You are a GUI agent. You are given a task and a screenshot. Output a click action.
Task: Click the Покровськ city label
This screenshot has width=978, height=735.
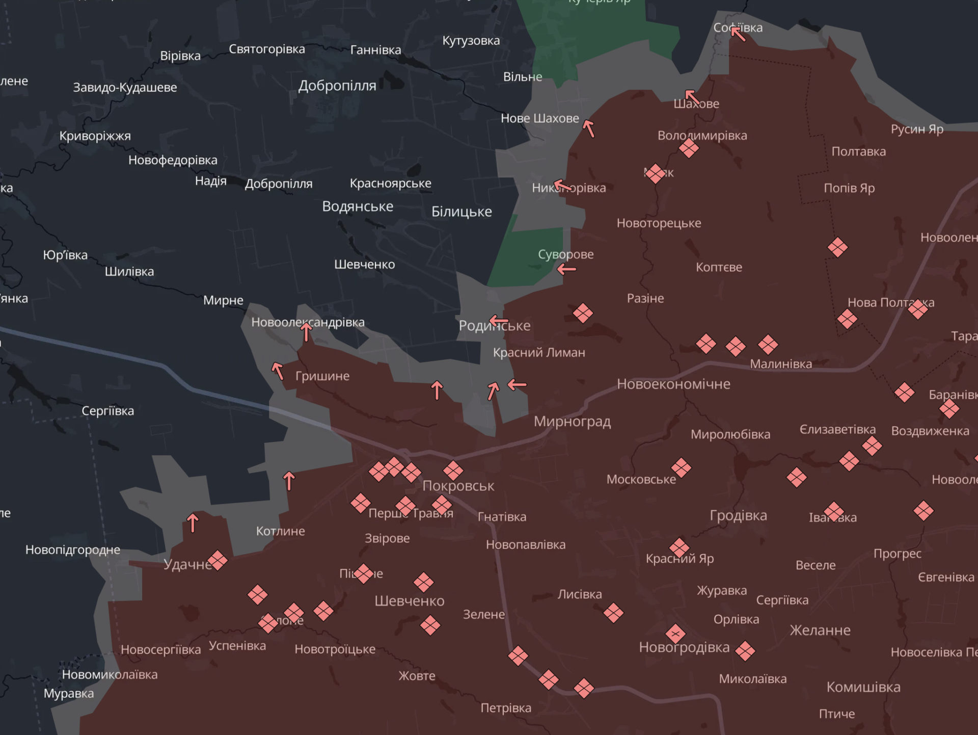458,486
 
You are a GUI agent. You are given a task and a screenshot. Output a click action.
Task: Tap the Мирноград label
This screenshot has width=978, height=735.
572,422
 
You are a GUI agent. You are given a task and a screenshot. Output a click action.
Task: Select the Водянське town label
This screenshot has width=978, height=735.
358,206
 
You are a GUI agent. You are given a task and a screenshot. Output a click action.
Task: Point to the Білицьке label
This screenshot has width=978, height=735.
461,212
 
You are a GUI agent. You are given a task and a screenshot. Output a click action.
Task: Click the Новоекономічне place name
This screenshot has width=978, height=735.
673,384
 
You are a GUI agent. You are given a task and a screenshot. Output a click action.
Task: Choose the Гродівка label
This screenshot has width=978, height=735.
738,515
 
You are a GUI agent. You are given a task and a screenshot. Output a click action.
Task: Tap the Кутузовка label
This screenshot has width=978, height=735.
471,41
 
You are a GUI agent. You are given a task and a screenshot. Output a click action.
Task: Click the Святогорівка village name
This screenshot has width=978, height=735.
266,49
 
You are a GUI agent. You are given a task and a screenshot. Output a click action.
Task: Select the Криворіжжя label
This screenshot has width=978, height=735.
95,136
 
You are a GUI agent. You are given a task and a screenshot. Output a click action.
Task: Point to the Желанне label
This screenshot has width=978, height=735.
820,631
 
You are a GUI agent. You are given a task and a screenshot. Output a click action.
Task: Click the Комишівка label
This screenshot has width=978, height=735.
863,687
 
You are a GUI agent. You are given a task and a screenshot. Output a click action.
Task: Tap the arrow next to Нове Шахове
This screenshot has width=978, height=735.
589,128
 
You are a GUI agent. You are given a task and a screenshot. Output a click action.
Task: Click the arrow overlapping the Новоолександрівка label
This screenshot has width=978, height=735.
306,332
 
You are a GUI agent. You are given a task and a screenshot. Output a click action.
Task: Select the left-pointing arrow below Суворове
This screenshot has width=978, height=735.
566,269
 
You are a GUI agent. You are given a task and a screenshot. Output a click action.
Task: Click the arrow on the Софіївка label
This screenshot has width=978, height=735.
738,34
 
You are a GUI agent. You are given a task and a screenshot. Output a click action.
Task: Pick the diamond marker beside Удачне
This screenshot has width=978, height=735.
218,561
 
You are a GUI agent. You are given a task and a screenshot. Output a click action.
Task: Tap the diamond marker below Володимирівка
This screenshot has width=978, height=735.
689,148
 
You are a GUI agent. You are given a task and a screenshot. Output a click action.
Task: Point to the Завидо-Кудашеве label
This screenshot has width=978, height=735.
125,88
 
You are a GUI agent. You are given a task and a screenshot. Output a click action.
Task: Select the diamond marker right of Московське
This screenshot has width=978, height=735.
681,467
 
